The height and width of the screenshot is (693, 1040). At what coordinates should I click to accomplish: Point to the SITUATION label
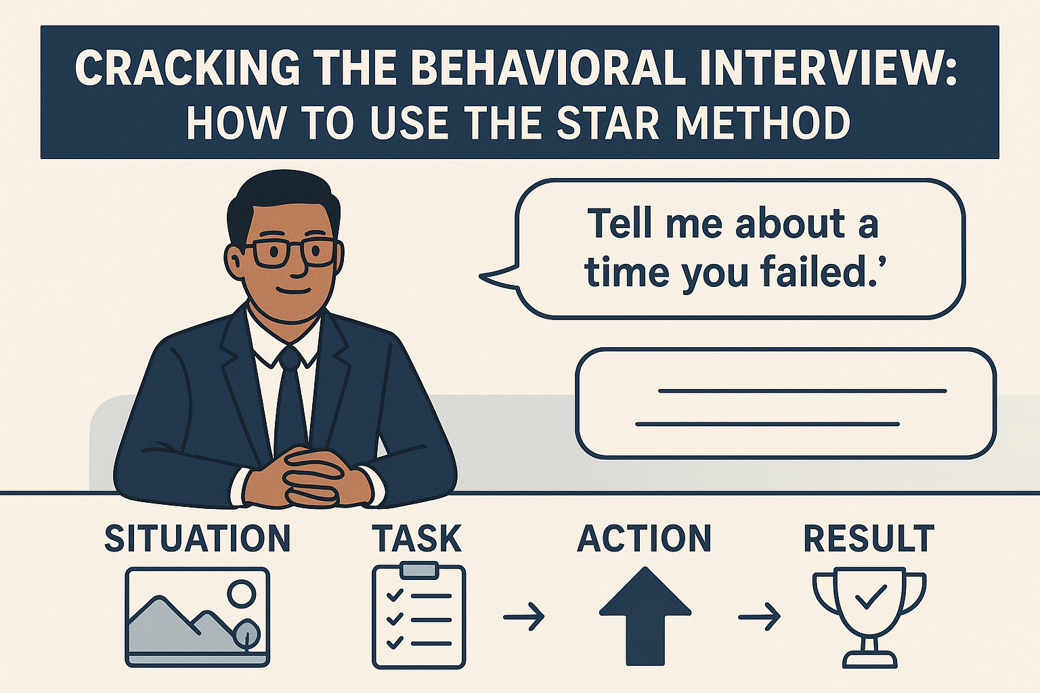197,539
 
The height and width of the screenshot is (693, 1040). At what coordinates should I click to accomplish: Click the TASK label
417,539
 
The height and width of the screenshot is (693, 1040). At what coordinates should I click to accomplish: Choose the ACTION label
644,539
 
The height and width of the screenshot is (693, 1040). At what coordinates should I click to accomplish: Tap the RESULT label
869,539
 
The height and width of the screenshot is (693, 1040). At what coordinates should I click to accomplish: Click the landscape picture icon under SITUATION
197,617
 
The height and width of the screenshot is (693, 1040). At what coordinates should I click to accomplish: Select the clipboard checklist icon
418,617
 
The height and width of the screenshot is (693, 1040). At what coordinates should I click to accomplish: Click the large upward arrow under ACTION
645,615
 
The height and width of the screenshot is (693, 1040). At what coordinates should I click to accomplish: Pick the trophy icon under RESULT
869,617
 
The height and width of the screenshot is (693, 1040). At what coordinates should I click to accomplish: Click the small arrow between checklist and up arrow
524,617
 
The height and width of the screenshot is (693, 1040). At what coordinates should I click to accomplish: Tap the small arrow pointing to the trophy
759,617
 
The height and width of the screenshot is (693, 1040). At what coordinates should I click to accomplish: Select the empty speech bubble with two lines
785,404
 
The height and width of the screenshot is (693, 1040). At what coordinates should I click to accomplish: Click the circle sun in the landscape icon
241,595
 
